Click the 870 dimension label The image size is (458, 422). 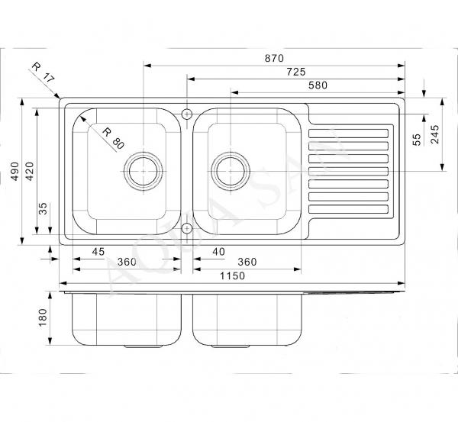coord(274,59)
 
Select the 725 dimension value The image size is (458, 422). coord(296,72)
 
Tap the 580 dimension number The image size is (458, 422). coord(318,85)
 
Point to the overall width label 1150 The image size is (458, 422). coord(232,275)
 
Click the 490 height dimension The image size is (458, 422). coord(15,171)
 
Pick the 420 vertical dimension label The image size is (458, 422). coord(30,171)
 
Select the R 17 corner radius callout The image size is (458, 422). coord(43,72)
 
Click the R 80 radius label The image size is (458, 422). coord(113,138)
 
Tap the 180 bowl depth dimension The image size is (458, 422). coord(43,317)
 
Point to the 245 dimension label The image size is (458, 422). coord(435,134)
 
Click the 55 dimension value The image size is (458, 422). coord(417,140)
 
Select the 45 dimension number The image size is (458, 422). coord(98,252)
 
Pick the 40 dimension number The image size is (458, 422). coord(219,252)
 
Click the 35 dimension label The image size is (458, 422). coord(43,208)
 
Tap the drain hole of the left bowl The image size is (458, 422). coord(144,171)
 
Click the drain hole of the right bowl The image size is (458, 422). coord(231,171)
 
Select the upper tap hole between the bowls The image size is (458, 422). coord(187,114)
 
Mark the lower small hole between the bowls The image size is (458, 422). coord(187,228)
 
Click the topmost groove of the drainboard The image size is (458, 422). coord(349,134)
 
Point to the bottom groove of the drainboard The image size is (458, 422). coord(349,209)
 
